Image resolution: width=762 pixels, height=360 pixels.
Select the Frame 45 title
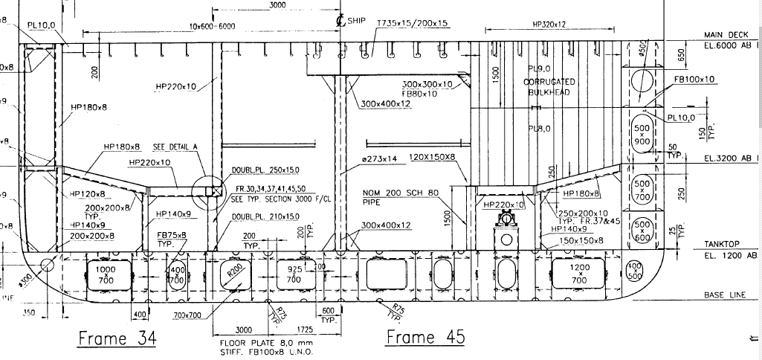point(425,337)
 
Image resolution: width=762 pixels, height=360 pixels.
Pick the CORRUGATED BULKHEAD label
point(549,86)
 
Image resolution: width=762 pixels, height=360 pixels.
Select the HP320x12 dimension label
point(549,24)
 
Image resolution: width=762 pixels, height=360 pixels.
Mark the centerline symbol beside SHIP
point(340,21)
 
